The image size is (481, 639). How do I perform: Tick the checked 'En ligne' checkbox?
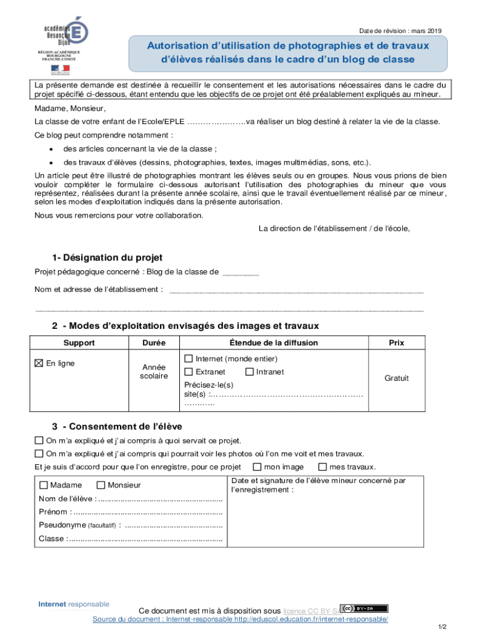(x=39, y=363)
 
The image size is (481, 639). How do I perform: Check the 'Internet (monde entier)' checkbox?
(x=189, y=359)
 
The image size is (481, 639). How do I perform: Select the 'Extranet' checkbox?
(x=189, y=372)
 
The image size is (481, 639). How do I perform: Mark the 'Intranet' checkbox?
(x=249, y=372)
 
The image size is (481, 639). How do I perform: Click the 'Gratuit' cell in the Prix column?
(x=396, y=378)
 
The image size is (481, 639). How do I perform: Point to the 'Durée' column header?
(x=154, y=343)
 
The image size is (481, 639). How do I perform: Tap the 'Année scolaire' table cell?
(x=154, y=372)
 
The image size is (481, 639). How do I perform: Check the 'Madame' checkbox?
(x=43, y=485)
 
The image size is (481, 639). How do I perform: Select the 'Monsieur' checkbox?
(x=101, y=485)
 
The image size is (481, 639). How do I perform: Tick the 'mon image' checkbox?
(x=257, y=467)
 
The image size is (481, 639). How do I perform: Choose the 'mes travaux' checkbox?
(x=322, y=467)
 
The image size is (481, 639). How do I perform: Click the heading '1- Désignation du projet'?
(x=107, y=257)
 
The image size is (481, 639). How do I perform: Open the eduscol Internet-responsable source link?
(x=240, y=619)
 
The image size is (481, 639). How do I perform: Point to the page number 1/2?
(x=442, y=627)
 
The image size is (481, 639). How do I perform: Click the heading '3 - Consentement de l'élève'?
(x=117, y=426)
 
